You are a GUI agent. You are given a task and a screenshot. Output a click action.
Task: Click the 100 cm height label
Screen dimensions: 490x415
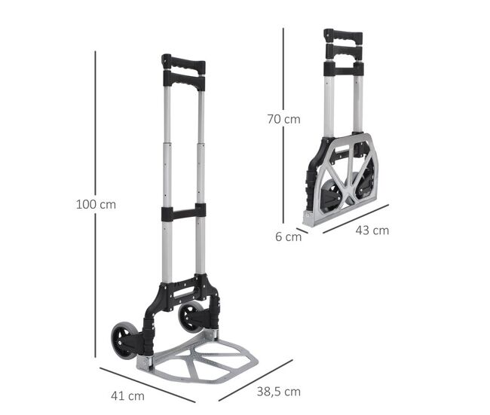click(x=96, y=205)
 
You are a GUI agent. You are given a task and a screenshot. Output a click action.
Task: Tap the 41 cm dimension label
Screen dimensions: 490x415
click(x=127, y=396)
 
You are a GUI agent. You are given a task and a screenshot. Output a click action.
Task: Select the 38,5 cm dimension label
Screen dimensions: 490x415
click(x=278, y=392)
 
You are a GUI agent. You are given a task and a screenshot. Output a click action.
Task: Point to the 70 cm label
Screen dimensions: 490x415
click(x=283, y=119)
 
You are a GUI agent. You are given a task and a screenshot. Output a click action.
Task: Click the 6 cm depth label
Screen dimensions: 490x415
click(x=288, y=236)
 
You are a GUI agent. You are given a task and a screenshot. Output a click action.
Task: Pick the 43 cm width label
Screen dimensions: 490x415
click(x=372, y=230)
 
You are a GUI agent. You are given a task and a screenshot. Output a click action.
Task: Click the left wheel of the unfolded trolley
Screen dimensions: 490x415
click(x=124, y=341)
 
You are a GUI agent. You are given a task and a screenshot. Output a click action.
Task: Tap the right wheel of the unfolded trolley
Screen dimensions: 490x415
click(x=190, y=316)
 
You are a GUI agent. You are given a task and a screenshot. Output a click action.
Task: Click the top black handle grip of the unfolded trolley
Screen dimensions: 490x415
click(x=184, y=64)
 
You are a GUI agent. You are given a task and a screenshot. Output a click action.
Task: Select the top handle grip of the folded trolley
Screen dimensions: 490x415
click(x=343, y=35)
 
